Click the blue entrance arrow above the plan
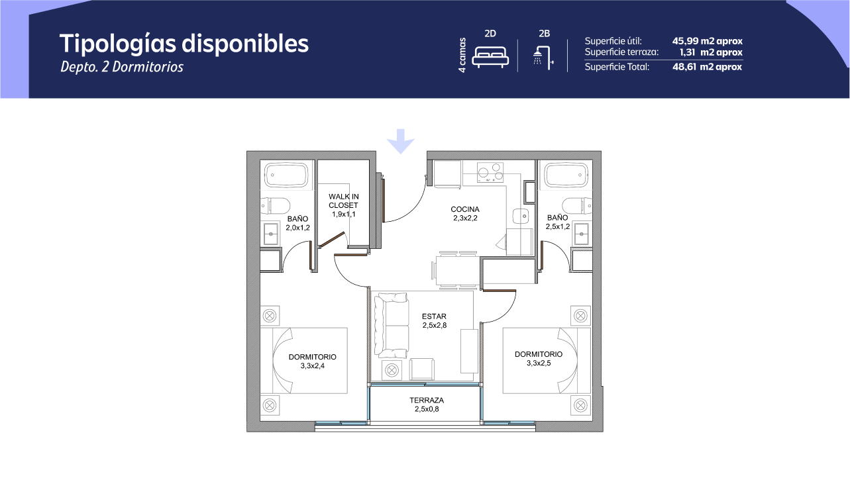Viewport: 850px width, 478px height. (x=400, y=141)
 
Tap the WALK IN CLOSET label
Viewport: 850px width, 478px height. (x=343, y=201)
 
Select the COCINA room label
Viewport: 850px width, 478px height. (x=465, y=209)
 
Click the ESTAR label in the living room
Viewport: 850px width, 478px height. (x=434, y=316)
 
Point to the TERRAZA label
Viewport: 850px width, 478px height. (x=427, y=400)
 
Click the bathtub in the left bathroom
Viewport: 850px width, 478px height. (x=286, y=175)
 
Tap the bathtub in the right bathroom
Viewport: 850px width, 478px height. (x=566, y=175)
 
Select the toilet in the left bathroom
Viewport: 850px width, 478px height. (x=276, y=206)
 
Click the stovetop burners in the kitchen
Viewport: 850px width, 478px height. (x=490, y=173)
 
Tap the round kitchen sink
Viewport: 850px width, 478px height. (x=521, y=216)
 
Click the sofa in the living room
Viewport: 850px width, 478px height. (x=392, y=325)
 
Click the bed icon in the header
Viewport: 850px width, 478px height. (x=490, y=57)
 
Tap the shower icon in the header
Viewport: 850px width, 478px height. (x=543, y=58)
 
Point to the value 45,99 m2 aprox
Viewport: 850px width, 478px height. (x=708, y=41)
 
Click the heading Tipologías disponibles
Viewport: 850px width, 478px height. (x=184, y=44)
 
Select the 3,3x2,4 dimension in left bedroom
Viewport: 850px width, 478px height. (x=312, y=366)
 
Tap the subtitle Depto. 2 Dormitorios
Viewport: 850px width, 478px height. (x=122, y=67)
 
